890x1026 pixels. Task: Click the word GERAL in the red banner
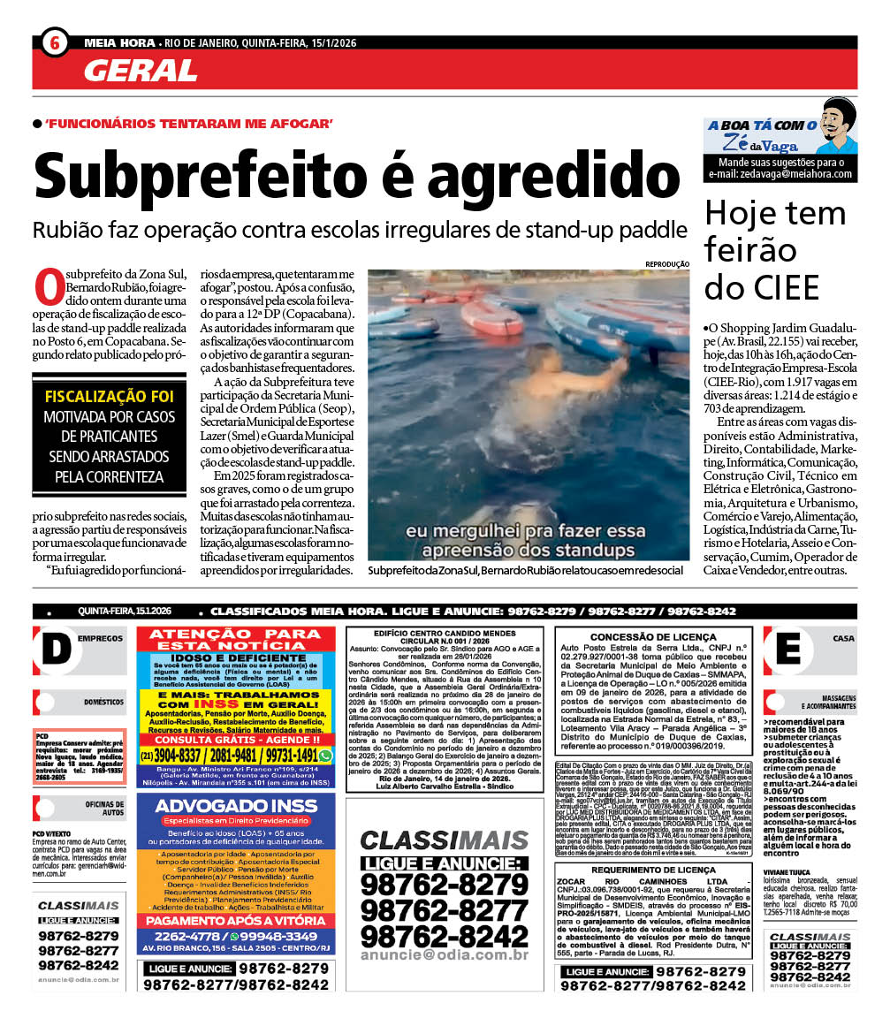pyautogui.click(x=141, y=70)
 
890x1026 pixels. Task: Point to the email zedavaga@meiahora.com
pyautogui.click(x=780, y=174)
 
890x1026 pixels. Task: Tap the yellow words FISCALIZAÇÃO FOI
pyautogui.click(x=109, y=396)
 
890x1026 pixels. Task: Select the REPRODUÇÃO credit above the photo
pyautogui.click(x=667, y=263)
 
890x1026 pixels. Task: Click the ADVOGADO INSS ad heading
pyautogui.click(x=236, y=808)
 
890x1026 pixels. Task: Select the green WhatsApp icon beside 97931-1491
pyautogui.click(x=325, y=756)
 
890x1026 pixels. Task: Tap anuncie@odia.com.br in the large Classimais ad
pyautogui.click(x=445, y=955)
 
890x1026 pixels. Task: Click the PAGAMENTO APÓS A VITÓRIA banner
pyautogui.click(x=236, y=919)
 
